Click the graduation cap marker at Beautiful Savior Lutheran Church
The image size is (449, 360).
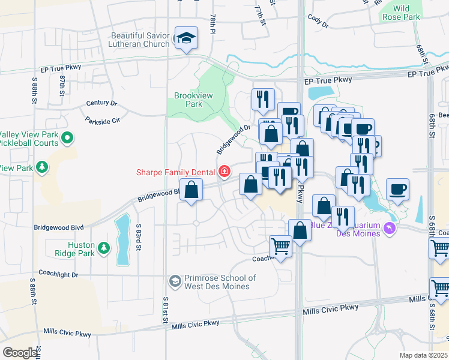coord(186,38)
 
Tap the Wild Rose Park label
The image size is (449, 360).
coord(401,13)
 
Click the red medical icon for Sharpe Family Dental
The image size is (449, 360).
coord(224,173)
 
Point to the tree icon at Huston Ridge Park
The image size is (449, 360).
coord(104,247)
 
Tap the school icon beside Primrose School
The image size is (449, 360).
coord(175,280)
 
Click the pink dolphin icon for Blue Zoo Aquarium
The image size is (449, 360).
coord(391,229)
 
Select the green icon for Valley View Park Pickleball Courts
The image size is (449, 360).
coord(67,139)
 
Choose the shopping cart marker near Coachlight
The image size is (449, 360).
coord(280,246)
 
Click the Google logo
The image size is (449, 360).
coord(20,353)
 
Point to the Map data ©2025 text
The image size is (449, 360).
coord(423,355)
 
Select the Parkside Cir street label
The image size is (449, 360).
coord(103,120)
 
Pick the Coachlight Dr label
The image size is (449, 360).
coord(58,275)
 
